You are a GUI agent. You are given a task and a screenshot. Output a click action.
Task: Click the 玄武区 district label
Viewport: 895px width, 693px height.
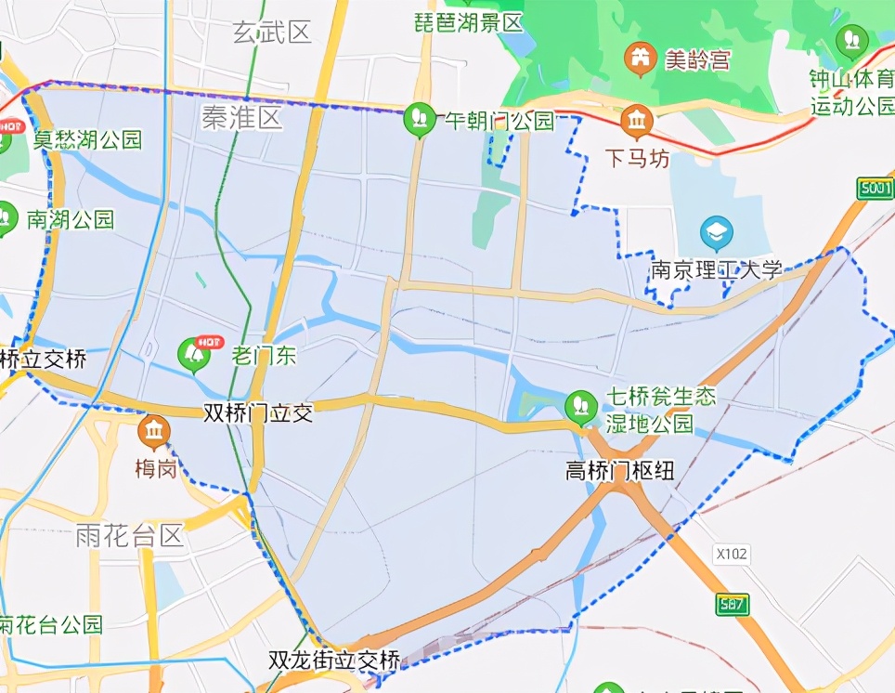tap(272, 33)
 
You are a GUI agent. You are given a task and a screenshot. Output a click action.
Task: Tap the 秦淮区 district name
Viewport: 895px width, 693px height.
tap(241, 118)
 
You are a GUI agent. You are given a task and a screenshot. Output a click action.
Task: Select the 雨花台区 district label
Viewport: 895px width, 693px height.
tap(131, 536)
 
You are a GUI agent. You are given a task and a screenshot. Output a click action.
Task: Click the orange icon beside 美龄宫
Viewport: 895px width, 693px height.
tap(639, 59)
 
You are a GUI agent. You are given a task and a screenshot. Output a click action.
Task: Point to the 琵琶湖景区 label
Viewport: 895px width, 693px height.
tap(469, 23)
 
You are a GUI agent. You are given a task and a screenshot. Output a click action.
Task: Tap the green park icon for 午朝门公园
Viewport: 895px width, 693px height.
tap(421, 118)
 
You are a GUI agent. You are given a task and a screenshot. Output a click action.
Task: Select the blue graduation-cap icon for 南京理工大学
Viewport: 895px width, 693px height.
tap(716, 232)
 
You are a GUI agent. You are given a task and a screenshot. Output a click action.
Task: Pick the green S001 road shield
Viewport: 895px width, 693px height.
tap(876, 189)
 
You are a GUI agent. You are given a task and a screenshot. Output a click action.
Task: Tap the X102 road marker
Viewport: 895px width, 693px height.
tap(732, 555)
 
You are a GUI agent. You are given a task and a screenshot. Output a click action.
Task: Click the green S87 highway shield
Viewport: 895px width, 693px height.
tap(733, 605)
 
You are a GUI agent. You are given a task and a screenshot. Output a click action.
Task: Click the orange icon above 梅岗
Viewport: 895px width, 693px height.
tap(154, 430)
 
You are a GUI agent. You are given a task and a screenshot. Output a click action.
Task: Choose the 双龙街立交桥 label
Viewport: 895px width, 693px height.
tap(334, 660)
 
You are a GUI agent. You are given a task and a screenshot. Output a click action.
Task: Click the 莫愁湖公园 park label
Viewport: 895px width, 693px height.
tap(88, 140)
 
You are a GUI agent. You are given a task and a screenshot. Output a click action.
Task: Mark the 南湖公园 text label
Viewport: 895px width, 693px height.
tap(71, 219)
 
